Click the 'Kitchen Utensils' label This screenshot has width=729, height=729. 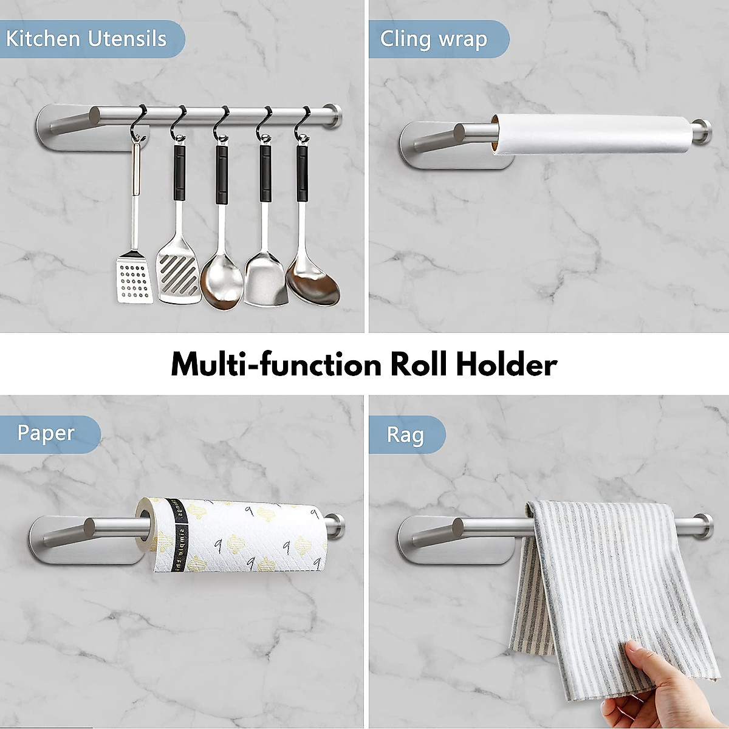point(86,39)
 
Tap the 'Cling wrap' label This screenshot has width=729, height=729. point(434,39)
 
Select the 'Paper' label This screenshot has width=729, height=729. point(46,433)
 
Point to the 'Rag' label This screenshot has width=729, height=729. point(405,435)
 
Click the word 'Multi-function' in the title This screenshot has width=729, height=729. point(276,364)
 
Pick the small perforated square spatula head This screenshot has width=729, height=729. point(134,279)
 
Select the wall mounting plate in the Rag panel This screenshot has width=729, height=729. point(425,539)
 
